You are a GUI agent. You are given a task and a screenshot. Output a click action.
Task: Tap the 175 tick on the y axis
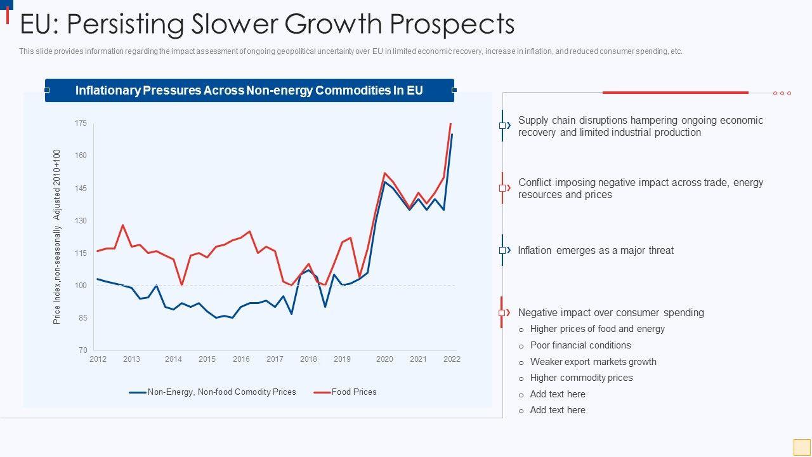[x=81, y=123]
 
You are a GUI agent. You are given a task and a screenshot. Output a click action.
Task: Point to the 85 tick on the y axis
[x=82, y=318]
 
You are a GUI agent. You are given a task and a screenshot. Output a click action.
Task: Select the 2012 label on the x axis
[x=98, y=359]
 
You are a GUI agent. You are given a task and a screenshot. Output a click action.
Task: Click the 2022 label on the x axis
[x=452, y=359]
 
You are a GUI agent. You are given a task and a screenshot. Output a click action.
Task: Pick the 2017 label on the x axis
[x=275, y=359]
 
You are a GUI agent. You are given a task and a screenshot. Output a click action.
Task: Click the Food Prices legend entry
[x=353, y=392]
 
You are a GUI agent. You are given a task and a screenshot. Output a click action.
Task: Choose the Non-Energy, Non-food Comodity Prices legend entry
[x=221, y=392]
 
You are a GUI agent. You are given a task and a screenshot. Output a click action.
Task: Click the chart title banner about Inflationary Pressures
[x=249, y=90]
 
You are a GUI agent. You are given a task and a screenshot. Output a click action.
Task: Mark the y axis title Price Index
[x=57, y=237]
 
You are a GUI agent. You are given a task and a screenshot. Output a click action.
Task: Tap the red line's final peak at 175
[x=450, y=124]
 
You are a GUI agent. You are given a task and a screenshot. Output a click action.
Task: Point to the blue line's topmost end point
[x=452, y=135]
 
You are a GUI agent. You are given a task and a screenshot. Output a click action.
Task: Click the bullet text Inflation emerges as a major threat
[x=596, y=251]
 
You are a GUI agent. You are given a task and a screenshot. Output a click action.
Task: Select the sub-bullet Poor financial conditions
[x=580, y=345]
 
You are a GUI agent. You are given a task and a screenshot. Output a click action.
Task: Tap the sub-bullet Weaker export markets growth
[x=593, y=362]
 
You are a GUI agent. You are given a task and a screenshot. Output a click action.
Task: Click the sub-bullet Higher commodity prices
[x=581, y=378]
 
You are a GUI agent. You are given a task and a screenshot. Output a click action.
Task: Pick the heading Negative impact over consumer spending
[x=611, y=313]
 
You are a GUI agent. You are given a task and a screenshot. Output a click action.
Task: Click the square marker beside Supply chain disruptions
[x=502, y=126]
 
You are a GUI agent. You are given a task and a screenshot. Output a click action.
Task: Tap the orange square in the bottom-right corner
[x=802, y=447]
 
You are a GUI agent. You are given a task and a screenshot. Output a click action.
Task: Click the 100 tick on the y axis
[x=81, y=286]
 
